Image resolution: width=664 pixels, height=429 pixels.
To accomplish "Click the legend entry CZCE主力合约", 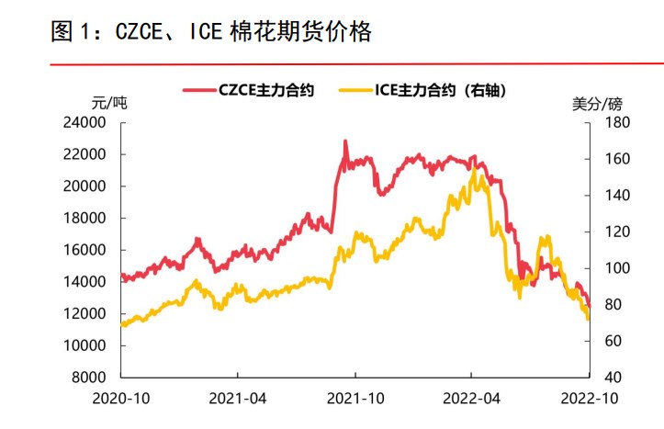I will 266,90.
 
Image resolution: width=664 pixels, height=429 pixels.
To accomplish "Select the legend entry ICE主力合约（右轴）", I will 440,90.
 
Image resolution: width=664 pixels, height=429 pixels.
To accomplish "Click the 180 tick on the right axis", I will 611,122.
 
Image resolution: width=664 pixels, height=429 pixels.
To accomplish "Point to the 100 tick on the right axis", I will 611,268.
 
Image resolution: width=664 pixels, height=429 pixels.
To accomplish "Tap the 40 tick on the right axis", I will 608,378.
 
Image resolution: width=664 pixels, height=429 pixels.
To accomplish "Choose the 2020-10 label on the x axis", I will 120,400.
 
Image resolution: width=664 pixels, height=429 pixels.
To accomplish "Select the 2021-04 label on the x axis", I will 237,400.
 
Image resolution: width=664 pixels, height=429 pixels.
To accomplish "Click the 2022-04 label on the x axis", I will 471,400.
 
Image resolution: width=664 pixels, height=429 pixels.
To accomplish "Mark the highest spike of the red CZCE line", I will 345,141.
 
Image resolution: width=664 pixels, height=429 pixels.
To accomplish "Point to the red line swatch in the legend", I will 199,90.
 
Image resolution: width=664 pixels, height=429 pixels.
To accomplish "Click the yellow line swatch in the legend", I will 356,90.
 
